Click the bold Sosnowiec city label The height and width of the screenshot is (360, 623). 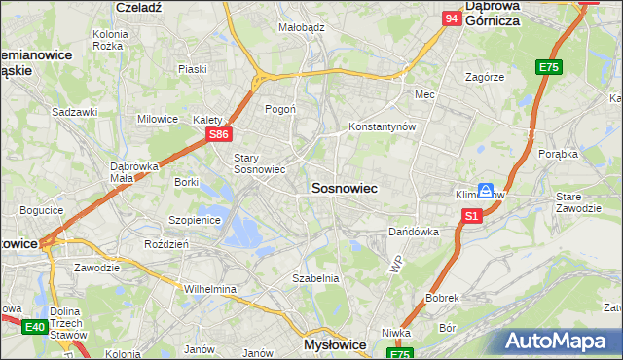coord(344,187)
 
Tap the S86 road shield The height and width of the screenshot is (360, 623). coord(220,135)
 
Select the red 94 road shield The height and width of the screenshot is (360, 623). coord(451,18)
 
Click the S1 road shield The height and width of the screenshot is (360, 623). coord(471,216)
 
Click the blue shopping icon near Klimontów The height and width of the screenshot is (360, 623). coord(484,192)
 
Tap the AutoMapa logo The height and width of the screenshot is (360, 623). coord(560,342)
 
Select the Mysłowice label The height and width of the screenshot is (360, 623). coord(334,344)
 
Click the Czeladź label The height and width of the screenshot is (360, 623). coord(137,6)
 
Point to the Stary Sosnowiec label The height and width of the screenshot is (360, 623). coord(259,162)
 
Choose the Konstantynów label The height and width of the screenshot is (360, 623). coord(383,127)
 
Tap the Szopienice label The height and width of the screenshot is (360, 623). coord(196,220)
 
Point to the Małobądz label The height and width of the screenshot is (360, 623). coord(301,28)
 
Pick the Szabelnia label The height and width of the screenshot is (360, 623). coord(315,277)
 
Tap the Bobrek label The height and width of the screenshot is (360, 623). coord(441,297)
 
